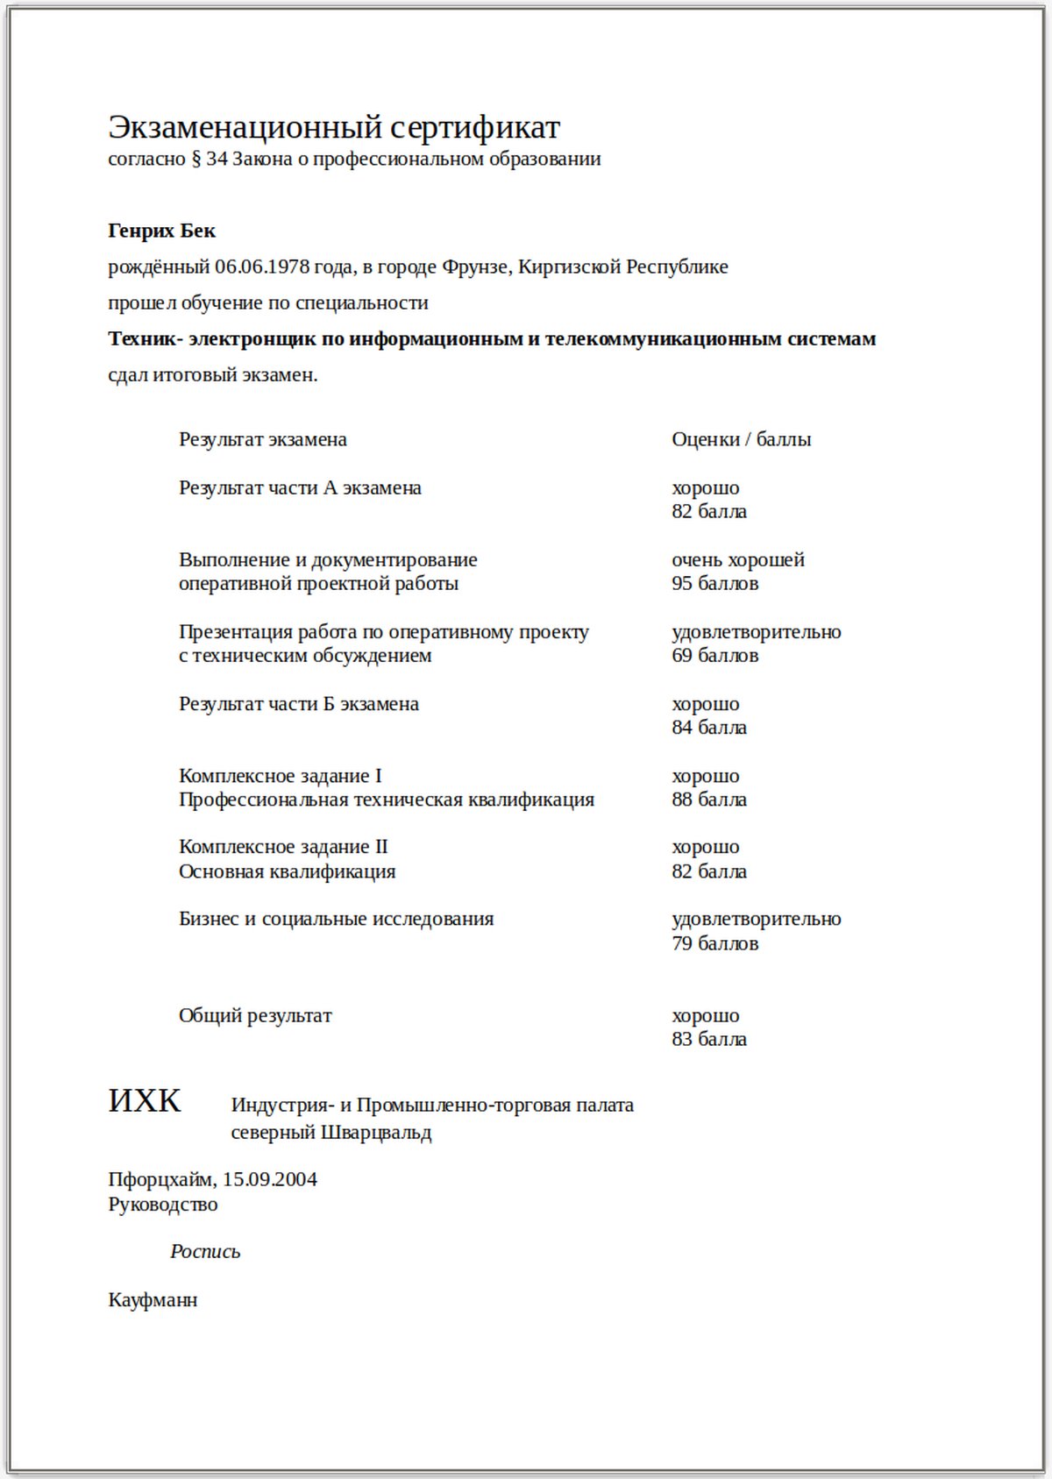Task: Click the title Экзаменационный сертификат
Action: tap(334, 128)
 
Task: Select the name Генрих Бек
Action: tap(161, 231)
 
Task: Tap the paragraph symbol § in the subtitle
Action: tap(195, 160)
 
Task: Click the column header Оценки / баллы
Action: tap(741, 439)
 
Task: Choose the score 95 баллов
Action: tap(714, 584)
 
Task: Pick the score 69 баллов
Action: tap(714, 656)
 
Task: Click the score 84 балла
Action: tap(709, 728)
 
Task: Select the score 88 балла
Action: tap(709, 800)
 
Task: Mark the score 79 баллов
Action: tap(714, 943)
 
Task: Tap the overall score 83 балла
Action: tap(709, 1040)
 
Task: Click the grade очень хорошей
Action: tap(737, 559)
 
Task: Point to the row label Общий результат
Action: tap(255, 1016)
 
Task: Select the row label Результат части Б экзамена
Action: tap(299, 704)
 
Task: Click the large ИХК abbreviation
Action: tap(145, 1100)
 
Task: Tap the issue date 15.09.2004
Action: tap(270, 1179)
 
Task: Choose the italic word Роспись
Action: tap(205, 1252)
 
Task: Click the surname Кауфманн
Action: tap(153, 1300)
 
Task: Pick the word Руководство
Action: tap(163, 1205)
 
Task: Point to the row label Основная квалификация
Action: tap(288, 871)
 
